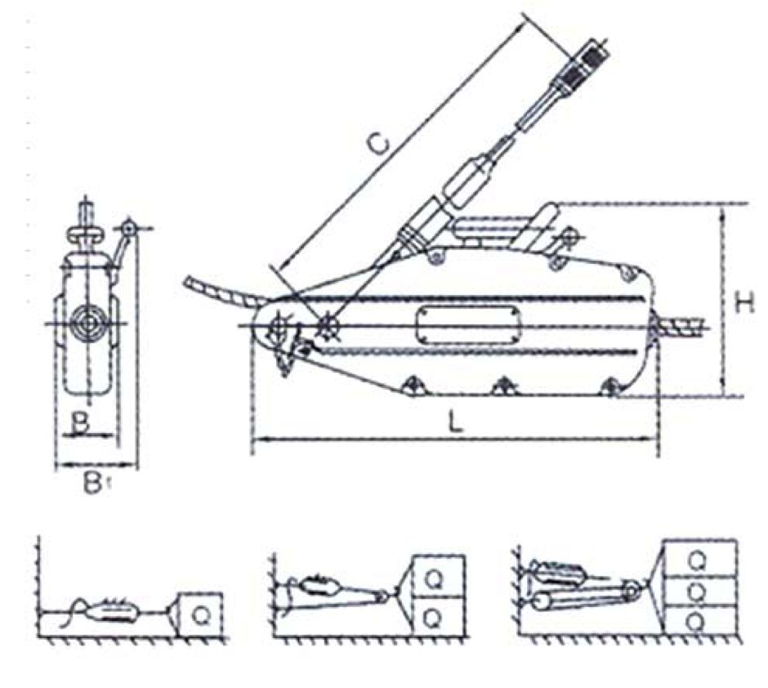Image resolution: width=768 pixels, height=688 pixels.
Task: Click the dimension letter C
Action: [x=378, y=145]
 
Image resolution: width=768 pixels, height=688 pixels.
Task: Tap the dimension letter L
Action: [x=455, y=421]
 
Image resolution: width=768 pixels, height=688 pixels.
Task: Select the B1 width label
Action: [x=93, y=482]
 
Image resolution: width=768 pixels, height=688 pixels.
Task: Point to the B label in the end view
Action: [x=80, y=422]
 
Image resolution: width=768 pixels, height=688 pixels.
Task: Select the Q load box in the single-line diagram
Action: [x=200, y=614]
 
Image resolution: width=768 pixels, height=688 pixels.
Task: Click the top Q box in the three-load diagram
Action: [x=699, y=558]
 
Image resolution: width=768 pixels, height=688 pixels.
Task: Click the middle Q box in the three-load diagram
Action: [x=699, y=592]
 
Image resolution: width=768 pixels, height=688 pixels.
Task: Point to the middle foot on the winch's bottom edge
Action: [x=505, y=386]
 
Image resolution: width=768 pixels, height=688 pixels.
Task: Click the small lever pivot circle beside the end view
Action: [x=128, y=228]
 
